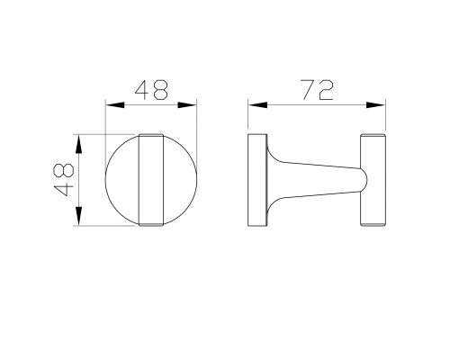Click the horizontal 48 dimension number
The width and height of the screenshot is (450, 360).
[151, 90]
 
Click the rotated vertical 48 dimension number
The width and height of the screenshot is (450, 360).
[63, 180]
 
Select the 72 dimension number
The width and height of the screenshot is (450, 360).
[317, 90]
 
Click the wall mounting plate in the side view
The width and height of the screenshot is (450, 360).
[256, 180]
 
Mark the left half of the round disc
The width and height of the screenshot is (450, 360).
[124, 180]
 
